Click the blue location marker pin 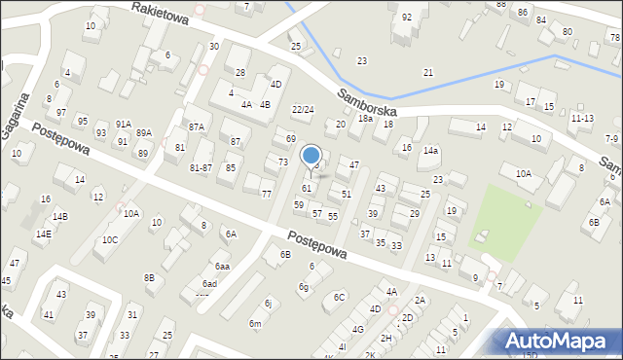(311, 157)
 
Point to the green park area (505, 220)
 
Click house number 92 (407, 18)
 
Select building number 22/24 (303, 109)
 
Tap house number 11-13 (582, 118)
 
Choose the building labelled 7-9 (610, 139)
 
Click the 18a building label (365, 118)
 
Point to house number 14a (430, 151)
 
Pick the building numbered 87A (197, 127)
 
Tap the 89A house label (144, 133)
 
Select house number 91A (124, 124)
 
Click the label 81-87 (201, 167)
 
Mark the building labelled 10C (110, 239)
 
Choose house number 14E (43, 234)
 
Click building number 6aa (222, 266)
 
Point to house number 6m (255, 323)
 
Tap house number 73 (282, 162)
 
